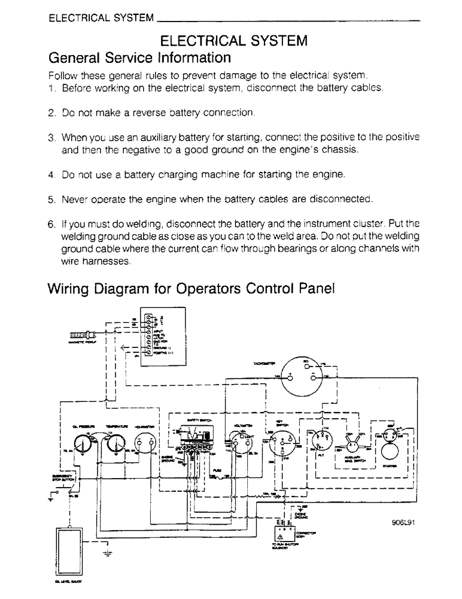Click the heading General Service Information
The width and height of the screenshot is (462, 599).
(139, 58)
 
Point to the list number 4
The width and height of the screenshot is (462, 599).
(51, 175)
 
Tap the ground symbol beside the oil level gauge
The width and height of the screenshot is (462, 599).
(106, 552)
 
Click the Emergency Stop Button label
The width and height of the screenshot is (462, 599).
(63, 476)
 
